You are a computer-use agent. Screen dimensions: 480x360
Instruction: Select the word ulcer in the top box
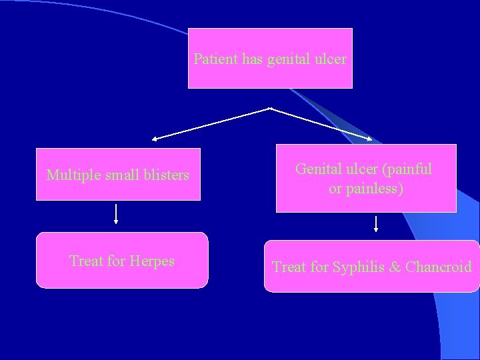tap(331, 59)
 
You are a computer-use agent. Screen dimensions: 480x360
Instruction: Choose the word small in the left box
tap(119, 175)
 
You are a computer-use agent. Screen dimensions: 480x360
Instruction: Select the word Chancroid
tap(438, 267)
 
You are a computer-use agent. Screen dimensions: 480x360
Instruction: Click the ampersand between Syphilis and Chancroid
tap(395, 267)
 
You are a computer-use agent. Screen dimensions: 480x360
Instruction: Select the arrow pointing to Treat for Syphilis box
tap(376, 223)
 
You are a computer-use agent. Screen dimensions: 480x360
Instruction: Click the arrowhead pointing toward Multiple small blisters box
tap(154, 139)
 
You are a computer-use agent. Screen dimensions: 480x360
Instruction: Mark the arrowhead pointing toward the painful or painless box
tap(371, 139)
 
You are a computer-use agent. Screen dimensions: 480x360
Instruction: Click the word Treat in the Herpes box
tap(85, 261)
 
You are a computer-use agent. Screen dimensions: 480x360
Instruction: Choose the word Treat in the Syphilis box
tap(289, 267)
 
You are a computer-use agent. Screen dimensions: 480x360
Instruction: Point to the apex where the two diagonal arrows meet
tap(270, 107)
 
